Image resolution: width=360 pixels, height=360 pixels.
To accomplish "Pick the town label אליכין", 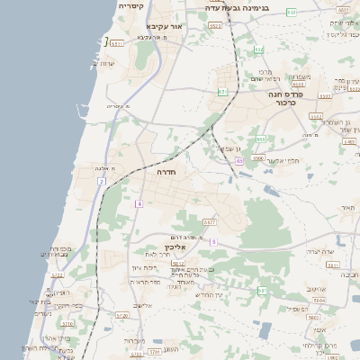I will point(175,247).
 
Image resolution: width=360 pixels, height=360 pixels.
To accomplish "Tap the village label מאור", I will point(348,208).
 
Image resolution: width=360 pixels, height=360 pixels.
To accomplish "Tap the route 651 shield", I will point(222,92).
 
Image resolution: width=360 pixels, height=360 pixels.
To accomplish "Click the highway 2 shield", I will point(102,182).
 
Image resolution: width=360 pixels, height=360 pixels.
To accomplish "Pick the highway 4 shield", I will point(139,204).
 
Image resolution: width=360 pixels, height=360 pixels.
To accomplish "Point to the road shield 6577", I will point(210,221).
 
